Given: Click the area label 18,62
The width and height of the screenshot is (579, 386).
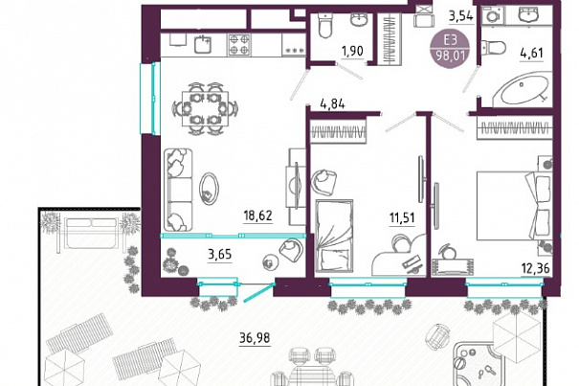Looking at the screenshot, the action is click(x=257, y=216).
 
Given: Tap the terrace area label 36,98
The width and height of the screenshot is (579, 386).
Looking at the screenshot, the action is click(x=255, y=337).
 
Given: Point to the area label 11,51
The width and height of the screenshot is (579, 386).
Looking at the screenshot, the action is click(x=402, y=217).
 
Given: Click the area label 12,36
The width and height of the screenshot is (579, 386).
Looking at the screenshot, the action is click(x=535, y=268).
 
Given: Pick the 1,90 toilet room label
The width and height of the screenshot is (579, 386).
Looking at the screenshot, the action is click(x=352, y=51).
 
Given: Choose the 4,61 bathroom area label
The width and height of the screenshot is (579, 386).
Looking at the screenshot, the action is click(x=532, y=54).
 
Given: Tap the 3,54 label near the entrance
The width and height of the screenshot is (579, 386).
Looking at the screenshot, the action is click(x=461, y=16).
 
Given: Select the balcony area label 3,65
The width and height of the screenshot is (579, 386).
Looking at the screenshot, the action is click(x=220, y=255).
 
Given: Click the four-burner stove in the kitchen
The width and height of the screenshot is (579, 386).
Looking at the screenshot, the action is click(x=238, y=44).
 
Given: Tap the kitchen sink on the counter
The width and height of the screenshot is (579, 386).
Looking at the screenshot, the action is click(x=202, y=44).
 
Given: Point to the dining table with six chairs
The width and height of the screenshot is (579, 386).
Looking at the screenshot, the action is click(x=205, y=108).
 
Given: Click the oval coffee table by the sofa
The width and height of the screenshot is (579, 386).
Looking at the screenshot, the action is click(x=209, y=189).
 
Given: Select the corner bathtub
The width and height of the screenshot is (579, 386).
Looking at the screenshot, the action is click(x=522, y=89).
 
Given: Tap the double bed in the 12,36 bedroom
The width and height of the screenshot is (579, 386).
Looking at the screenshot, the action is click(x=514, y=205).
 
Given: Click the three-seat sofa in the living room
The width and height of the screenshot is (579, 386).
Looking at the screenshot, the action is click(x=178, y=190).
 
